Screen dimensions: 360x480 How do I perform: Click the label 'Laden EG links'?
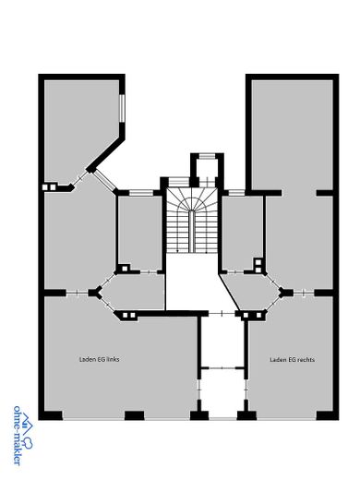[99, 359]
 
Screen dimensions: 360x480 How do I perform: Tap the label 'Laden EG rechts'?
[292, 359]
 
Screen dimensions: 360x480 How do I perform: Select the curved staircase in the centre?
[192, 221]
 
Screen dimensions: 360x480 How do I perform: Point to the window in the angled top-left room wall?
[122, 108]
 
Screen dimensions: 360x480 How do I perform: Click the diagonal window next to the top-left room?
[104, 180]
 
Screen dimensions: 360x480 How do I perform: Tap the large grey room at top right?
[293, 136]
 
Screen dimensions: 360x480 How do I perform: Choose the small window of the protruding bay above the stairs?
[207, 156]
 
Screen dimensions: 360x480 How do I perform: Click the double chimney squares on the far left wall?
[49, 186]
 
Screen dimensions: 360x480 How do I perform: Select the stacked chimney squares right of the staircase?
[258, 266]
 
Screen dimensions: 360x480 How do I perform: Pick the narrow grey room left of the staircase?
[140, 233]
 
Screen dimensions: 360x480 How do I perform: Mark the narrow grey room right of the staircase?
[242, 233]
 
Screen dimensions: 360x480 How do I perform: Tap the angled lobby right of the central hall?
[252, 292]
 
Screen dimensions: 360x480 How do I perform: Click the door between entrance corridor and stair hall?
[222, 314]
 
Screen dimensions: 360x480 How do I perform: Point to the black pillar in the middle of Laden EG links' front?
[134, 415]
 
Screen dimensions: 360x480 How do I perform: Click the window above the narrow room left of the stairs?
[141, 193]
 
